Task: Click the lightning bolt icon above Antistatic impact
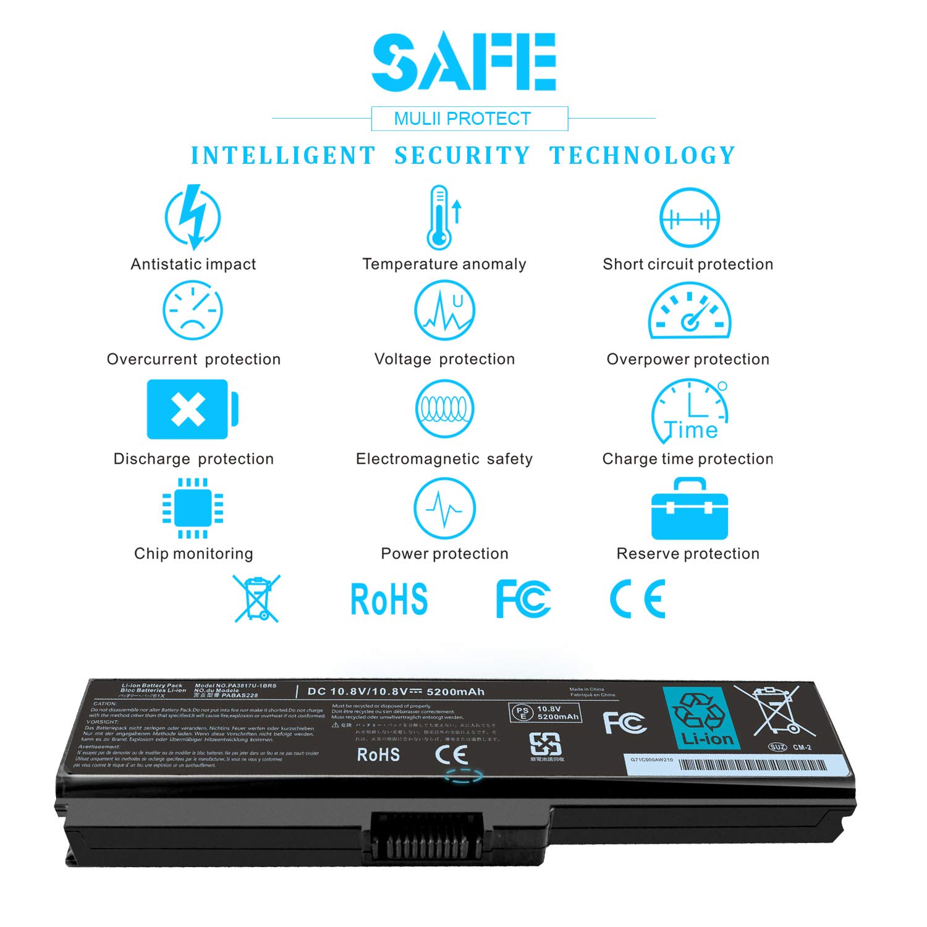pyautogui.click(x=193, y=217)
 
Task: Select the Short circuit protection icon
pyautogui.click(x=689, y=218)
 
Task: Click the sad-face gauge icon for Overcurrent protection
pyautogui.click(x=193, y=311)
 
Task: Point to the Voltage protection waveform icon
pyautogui.click(x=444, y=310)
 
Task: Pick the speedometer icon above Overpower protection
pyautogui.click(x=689, y=312)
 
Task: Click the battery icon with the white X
pyautogui.click(x=192, y=410)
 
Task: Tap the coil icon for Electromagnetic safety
pyautogui.click(x=444, y=409)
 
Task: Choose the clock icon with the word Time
pyautogui.click(x=690, y=412)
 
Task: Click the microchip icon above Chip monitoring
pyautogui.click(x=193, y=509)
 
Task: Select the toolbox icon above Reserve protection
pyautogui.click(x=690, y=509)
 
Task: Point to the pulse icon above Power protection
pyautogui.click(x=444, y=509)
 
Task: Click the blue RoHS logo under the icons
pyautogui.click(x=389, y=599)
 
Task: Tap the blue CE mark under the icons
pyautogui.click(x=638, y=599)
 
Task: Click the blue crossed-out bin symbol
pyautogui.click(x=256, y=598)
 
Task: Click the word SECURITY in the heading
pyautogui.click(x=462, y=156)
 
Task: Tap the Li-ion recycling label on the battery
pyautogui.click(x=701, y=718)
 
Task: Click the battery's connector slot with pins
pyautogui.click(x=426, y=838)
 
